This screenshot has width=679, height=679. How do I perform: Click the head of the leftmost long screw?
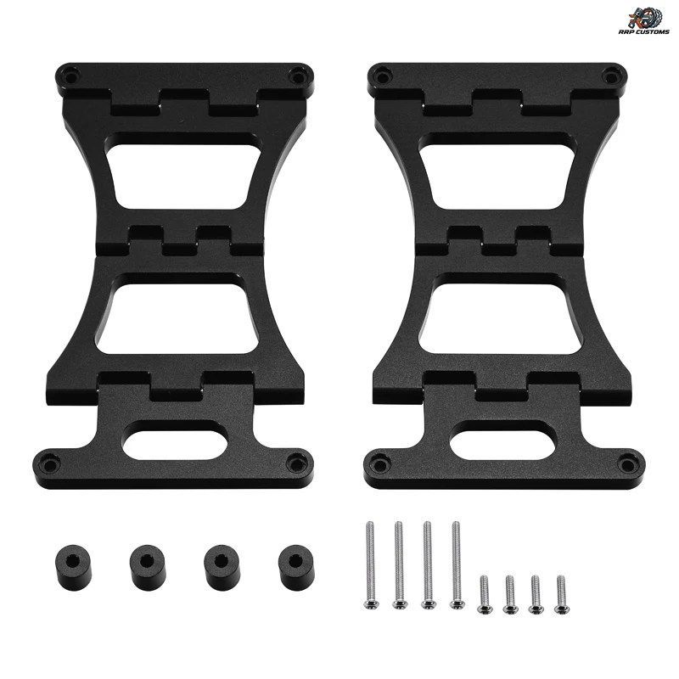370,603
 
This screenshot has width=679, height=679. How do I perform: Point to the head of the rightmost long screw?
457,603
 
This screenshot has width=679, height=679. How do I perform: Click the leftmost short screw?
485,594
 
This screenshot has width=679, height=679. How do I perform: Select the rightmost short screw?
561,594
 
